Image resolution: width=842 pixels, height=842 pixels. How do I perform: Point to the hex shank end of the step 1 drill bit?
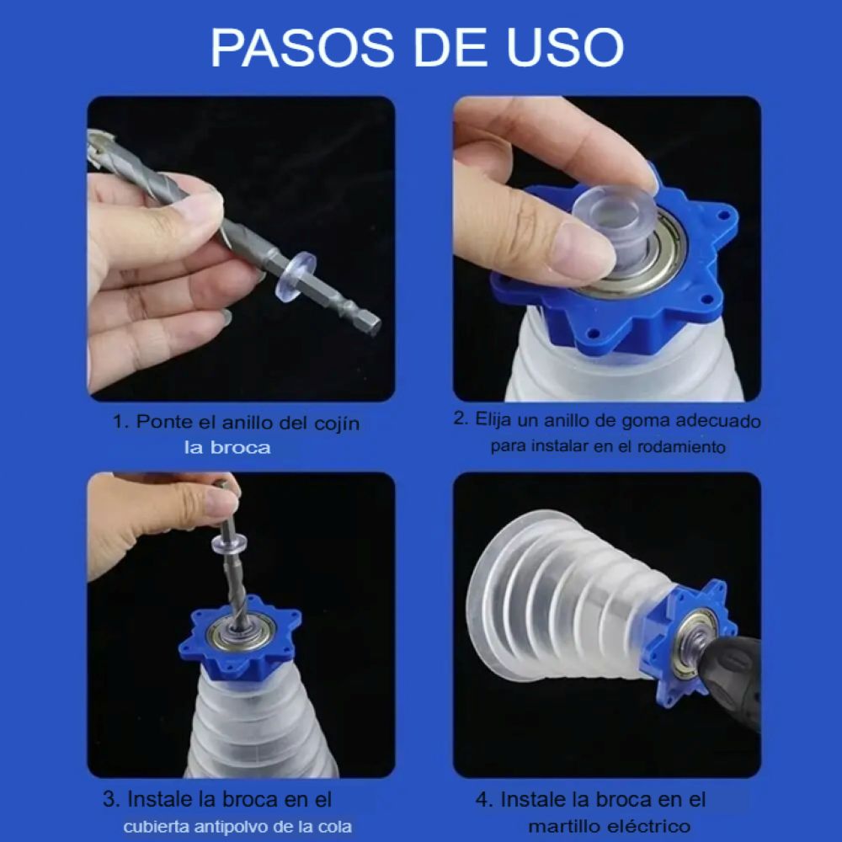[x=370, y=322]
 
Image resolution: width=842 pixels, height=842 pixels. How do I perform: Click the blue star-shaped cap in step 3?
[x=240, y=637]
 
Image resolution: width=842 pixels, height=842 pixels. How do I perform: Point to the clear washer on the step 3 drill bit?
[x=231, y=542]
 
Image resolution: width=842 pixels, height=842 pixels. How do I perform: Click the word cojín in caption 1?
[x=337, y=424]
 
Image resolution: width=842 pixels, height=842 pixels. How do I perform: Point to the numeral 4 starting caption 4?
[x=482, y=800]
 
